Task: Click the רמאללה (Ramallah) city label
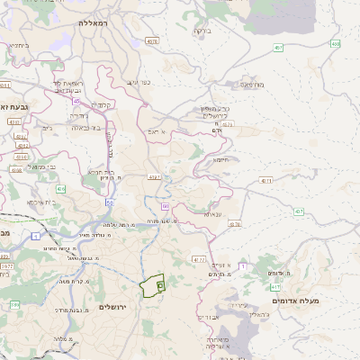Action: (94, 22)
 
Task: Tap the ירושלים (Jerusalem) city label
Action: (112, 307)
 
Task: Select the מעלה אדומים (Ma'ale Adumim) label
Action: (301, 300)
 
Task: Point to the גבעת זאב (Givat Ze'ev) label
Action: (15, 107)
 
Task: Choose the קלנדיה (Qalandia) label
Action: (101, 105)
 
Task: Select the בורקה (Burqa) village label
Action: (201, 31)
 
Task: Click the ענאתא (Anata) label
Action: (212, 213)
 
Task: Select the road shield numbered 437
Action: (298, 212)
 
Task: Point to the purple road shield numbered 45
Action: (76, 101)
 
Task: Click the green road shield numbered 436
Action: (60, 189)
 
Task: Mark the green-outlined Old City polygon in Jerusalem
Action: (153, 285)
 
